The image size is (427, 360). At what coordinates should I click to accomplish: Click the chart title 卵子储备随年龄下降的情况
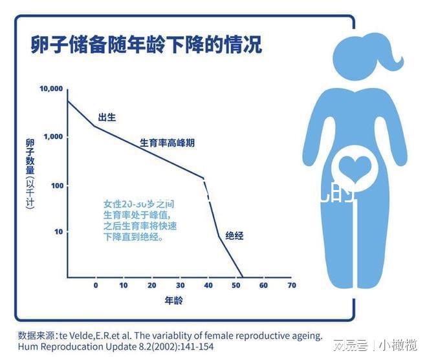[146, 45]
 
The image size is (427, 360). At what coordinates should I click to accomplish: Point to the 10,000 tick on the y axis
[51, 89]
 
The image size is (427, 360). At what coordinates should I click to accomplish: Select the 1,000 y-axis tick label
[53, 137]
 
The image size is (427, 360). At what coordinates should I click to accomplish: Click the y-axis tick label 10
[58, 231]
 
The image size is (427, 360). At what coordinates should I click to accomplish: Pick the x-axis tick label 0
[96, 285]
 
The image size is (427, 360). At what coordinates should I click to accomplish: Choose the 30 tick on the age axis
[180, 285]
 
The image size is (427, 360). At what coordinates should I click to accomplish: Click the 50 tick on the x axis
[235, 285]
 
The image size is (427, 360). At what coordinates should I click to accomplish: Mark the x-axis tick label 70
[291, 285]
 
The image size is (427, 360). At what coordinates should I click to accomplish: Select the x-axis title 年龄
[173, 301]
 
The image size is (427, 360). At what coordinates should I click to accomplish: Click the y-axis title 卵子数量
[30, 157]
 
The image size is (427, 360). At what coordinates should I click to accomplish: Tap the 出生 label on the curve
[107, 118]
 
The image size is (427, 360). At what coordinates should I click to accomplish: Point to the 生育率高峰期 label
[167, 143]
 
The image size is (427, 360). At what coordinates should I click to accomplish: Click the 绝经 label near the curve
[234, 236]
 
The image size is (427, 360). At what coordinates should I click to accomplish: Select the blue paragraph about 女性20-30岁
[140, 220]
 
